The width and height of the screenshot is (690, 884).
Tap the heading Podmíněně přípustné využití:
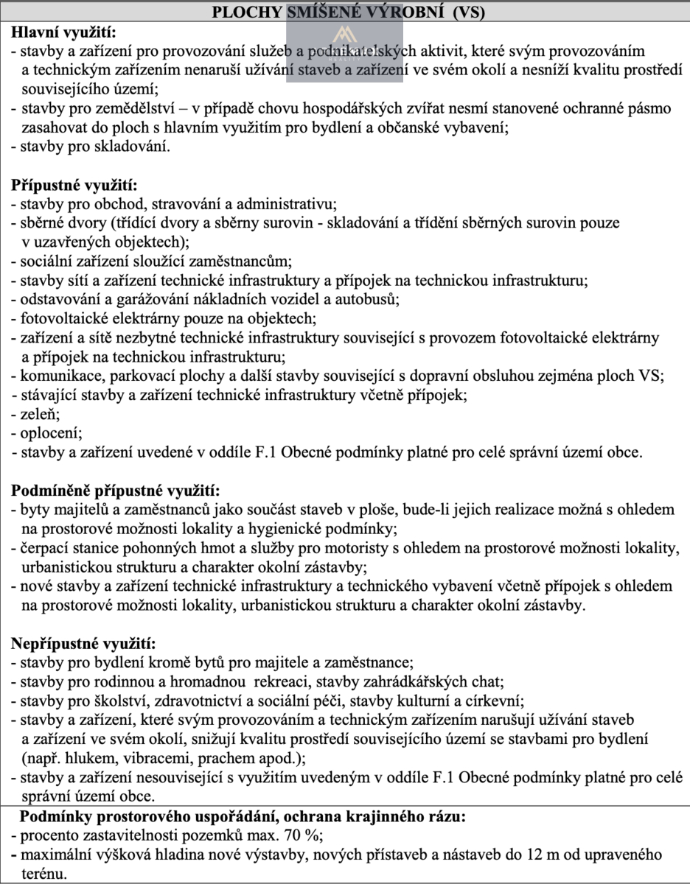point(115,490)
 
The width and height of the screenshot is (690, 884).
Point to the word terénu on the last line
point(43,874)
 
